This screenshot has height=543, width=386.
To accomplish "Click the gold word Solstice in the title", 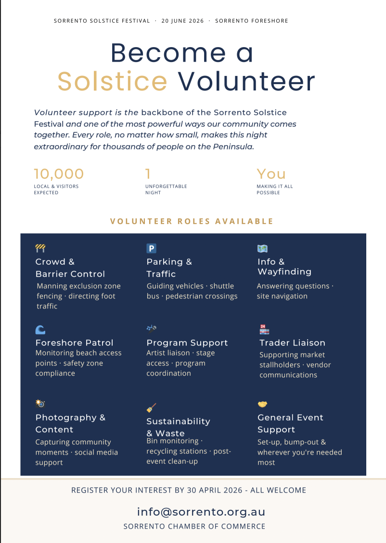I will (x=112, y=81).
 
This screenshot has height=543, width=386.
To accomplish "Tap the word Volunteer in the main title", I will (x=246, y=81).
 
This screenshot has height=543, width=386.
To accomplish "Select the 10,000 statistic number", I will (x=59, y=173).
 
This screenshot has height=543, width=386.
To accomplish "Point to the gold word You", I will (x=271, y=173).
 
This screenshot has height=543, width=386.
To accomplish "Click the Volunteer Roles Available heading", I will (x=192, y=221).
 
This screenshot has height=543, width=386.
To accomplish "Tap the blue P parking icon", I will (x=151, y=248).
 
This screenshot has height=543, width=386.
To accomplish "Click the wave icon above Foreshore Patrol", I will (x=40, y=330).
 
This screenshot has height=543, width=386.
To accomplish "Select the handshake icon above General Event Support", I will (x=262, y=404).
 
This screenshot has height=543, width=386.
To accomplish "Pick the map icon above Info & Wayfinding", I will (x=262, y=248).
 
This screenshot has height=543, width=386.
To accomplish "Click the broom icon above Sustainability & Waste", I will (x=151, y=408).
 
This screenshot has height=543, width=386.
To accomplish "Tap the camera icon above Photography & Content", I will (x=40, y=403).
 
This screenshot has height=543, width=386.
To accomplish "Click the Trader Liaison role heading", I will (x=292, y=343).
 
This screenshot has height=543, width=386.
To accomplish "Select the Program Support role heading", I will (x=187, y=343).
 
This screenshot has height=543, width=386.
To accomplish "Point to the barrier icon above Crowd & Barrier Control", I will (x=40, y=248).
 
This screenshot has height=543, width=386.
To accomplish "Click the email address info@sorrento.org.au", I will (x=201, y=512).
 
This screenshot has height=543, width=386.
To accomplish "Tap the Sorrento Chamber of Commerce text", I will (x=194, y=526).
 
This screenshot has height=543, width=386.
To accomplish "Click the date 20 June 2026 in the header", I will (x=182, y=21).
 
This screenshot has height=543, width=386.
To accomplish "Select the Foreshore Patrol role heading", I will (x=74, y=343).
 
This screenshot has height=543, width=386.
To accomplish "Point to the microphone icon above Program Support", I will (x=152, y=329).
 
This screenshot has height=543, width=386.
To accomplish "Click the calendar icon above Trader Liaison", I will (x=264, y=329).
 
